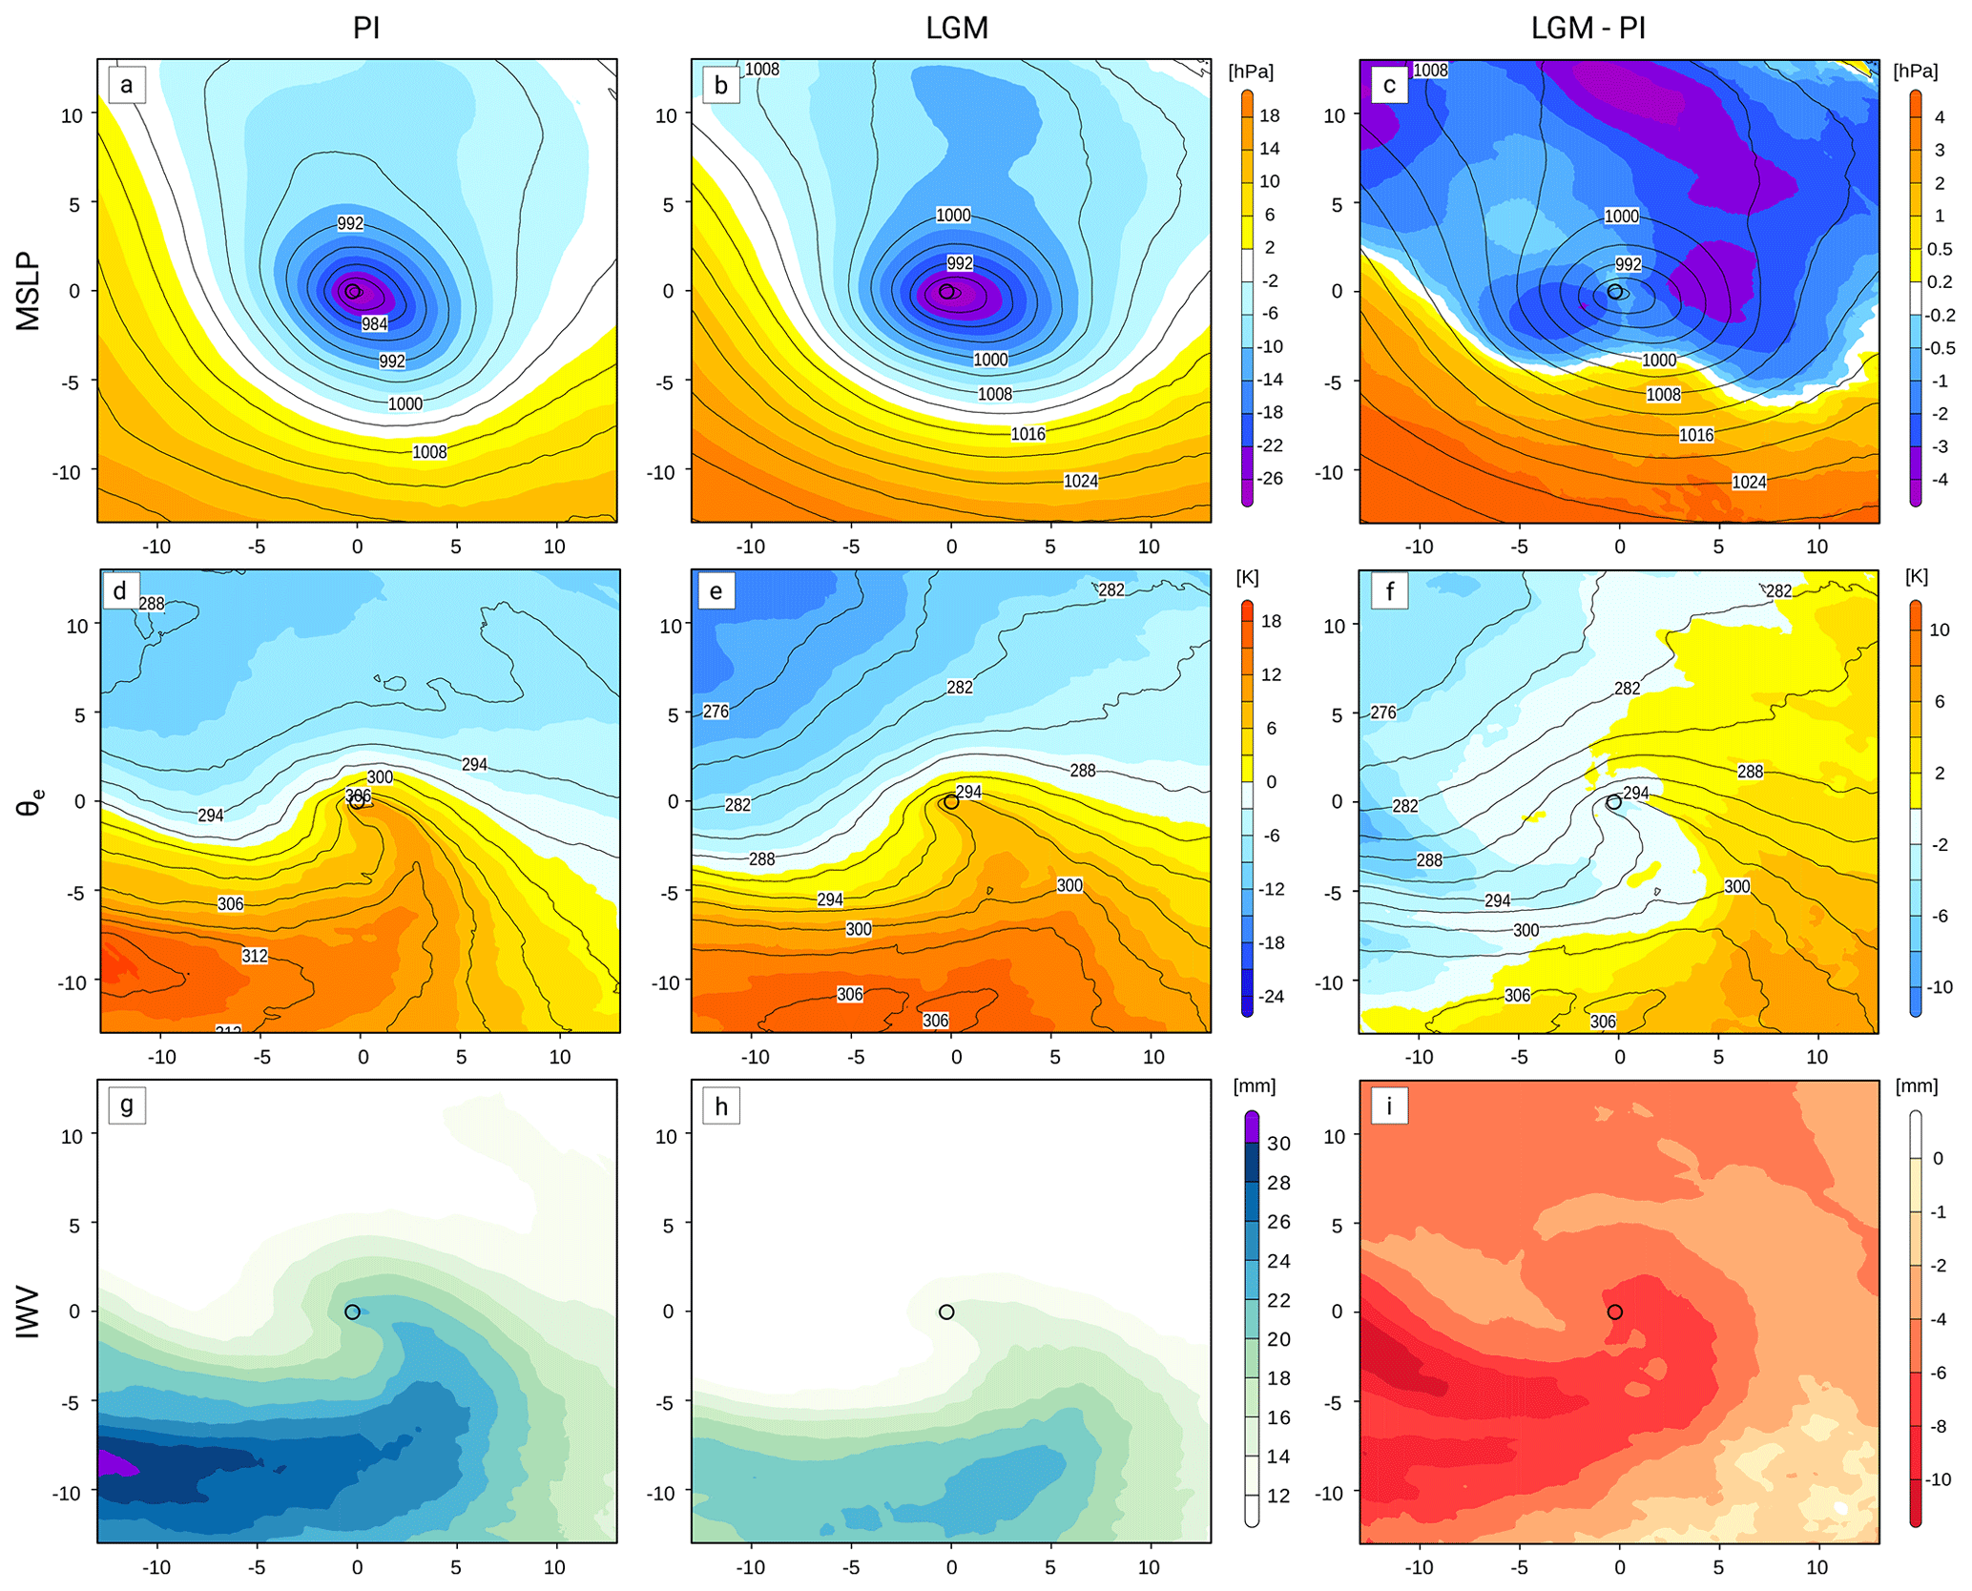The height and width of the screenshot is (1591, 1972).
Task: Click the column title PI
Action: (x=366, y=28)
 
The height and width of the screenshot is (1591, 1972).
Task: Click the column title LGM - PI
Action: (x=1588, y=28)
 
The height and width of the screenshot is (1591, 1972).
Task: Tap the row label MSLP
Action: (x=29, y=291)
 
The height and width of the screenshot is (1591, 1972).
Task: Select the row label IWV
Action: (x=29, y=1312)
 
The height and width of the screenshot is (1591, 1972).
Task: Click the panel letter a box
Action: (x=126, y=86)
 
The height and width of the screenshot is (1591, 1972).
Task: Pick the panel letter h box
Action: (x=720, y=1106)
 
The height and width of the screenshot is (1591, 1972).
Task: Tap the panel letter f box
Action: (x=1389, y=591)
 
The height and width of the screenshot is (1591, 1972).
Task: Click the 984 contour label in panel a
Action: (x=374, y=324)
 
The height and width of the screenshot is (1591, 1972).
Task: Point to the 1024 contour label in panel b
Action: (x=1081, y=482)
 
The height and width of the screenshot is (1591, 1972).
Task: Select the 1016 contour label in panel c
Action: (x=1696, y=436)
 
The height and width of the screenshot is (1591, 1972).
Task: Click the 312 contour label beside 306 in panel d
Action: (x=255, y=956)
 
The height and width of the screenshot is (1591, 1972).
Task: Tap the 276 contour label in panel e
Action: (x=716, y=712)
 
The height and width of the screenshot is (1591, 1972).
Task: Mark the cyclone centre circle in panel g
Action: (x=352, y=1312)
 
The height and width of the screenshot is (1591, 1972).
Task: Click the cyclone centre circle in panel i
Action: (x=1614, y=1312)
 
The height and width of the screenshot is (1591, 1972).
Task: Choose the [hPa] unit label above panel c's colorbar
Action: (x=1916, y=72)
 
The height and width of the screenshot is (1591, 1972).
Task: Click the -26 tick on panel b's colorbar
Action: (x=1271, y=478)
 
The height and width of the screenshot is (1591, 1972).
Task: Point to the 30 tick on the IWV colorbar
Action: (x=1278, y=1144)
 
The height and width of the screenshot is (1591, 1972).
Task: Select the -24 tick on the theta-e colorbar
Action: (x=1272, y=997)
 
